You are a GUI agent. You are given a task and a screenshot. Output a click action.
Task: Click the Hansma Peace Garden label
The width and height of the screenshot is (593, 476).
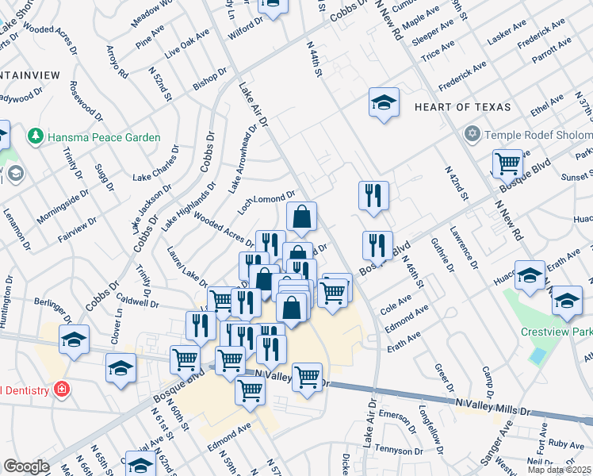(x=104, y=137)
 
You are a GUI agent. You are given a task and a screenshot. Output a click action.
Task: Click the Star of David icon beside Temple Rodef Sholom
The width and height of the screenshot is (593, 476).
(x=472, y=133)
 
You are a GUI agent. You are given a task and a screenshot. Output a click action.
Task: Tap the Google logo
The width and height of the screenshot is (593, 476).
(x=26, y=466)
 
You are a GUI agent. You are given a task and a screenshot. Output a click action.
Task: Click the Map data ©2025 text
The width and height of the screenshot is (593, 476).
(x=559, y=470)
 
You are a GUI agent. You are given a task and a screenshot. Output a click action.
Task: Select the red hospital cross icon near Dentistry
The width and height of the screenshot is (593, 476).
(x=60, y=390)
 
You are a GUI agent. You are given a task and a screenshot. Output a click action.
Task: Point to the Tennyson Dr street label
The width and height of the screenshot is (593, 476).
(x=397, y=449)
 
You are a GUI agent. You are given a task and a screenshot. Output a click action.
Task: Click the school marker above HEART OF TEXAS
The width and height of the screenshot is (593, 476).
(x=384, y=103)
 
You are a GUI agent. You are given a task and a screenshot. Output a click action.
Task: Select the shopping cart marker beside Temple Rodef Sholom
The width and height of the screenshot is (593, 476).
(x=507, y=164)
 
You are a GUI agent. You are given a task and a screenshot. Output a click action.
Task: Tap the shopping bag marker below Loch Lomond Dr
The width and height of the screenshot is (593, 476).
(x=302, y=217)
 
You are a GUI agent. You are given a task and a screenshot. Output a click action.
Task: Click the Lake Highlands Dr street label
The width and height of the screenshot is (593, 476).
(x=188, y=207)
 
